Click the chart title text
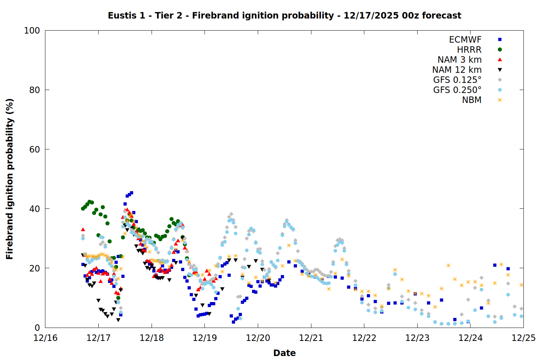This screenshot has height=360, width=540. pos(284,15)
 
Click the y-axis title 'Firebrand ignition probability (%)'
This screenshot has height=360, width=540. pos(9,179)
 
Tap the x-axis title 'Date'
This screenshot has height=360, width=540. pos(284,353)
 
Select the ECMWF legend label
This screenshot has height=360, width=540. pos(465,40)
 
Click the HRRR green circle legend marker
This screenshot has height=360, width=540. pos(500,50)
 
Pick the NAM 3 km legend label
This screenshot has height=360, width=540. pos(459,60)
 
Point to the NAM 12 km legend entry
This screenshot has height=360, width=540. pos(457,70)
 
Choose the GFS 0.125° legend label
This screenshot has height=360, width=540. pos(457,80)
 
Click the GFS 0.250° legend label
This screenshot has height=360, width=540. pos(457,90)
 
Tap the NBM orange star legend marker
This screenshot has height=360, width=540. pos(500,100)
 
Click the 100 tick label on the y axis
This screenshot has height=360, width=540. pos(32,31)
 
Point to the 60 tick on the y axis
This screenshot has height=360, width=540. pos(35,149)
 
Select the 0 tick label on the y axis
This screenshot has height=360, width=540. pos(37,328)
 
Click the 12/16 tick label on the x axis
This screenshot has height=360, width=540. pos(45,338)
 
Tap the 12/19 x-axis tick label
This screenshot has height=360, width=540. pos(205,338)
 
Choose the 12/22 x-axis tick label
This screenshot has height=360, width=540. pos(364,338)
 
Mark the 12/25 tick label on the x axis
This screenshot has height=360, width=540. pos(524,338)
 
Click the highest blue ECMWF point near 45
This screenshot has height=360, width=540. pos(131,193)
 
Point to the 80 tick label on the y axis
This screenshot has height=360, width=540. pos(35,90)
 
